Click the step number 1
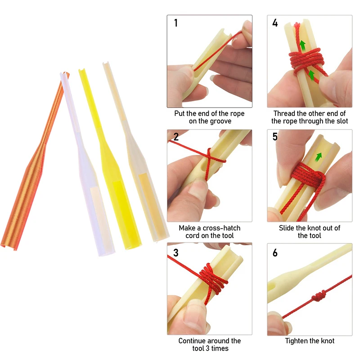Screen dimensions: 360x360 pos(176,23)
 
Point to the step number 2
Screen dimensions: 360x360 pos(176,137)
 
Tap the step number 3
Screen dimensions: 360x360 pos(176,253)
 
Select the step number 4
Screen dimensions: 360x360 pos(275,23)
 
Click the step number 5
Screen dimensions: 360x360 pos(275,137)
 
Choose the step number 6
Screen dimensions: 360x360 pos(275,253)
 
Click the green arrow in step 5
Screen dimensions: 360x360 pos(319,157)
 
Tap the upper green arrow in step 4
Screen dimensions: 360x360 pos(303,45)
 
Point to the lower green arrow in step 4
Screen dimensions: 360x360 pos(311,75)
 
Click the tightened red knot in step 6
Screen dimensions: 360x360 pos(318,296)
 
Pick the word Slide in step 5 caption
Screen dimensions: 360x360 pos(287,228)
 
